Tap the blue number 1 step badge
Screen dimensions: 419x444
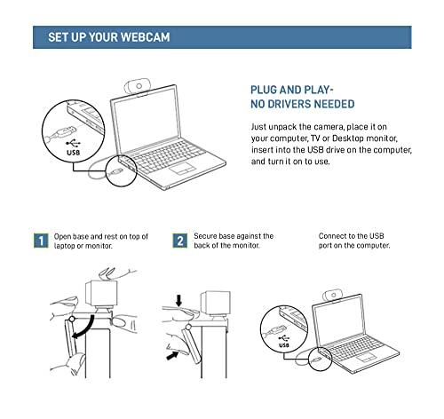(x=40, y=241)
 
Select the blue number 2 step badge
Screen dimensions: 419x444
(x=180, y=241)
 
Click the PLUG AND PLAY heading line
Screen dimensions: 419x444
(x=293, y=91)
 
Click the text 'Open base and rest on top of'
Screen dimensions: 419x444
(x=100, y=236)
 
